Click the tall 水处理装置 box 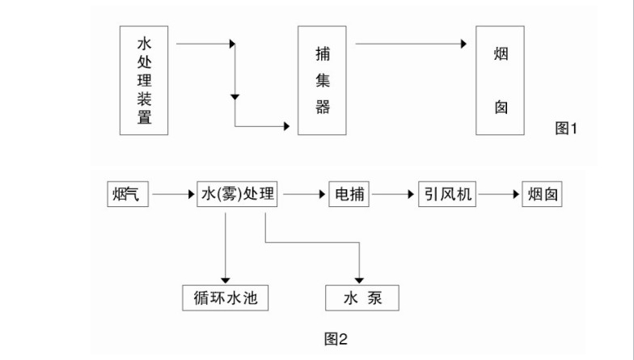pyautogui.click(x=144, y=79)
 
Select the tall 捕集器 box pyautogui.click(x=322, y=79)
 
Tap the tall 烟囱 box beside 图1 pyautogui.click(x=501, y=79)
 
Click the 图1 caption pyautogui.click(x=569, y=128)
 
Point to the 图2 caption pyautogui.click(x=336, y=339)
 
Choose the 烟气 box pyautogui.click(x=128, y=195)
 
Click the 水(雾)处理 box pyautogui.click(x=236, y=195)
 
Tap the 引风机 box pyautogui.click(x=446, y=195)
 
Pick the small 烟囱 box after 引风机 pyautogui.click(x=543, y=195)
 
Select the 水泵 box pyautogui.click(x=361, y=299)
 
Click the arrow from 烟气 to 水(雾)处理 pyautogui.click(x=172, y=195)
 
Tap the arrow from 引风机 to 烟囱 pyautogui.click(x=497, y=195)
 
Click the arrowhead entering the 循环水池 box pyautogui.click(x=225, y=280)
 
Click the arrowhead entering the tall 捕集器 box pyautogui.click(x=285, y=126)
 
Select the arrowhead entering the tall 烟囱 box pyautogui.click(x=464, y=44)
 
